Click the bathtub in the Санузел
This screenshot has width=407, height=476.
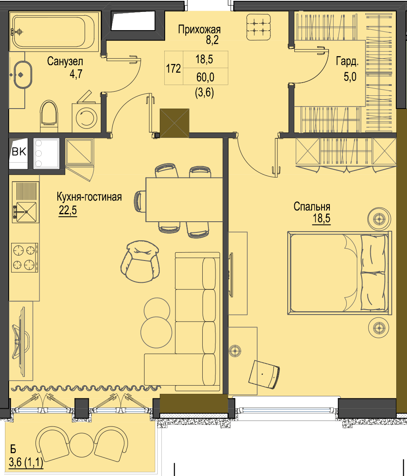click(54, 31)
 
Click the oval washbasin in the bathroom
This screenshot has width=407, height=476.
click(22, 75)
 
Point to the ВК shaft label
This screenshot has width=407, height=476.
click(19, 152)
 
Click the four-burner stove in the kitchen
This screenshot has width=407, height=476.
click(25, 257)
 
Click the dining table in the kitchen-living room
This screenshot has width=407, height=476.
click(184, 199)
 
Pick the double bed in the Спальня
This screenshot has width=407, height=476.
click(339, 272)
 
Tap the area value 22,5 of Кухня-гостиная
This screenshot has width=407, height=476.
click(68, 210)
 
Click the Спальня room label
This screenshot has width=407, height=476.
click(312, 206)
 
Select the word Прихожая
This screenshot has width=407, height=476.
click(199, 29)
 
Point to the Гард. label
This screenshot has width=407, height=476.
click(347, 62)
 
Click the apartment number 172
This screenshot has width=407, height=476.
click(173, 68)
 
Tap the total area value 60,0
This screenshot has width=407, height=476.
click(205, 77)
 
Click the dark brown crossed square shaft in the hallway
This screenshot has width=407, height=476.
click(175, 123)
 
